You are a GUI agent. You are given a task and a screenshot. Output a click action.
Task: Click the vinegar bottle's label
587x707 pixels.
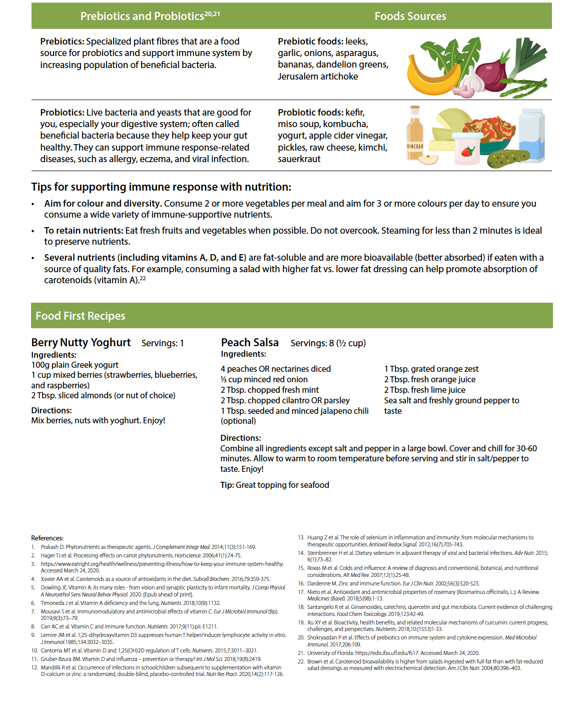415,147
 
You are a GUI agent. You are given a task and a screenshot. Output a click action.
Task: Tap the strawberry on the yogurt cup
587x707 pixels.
467,152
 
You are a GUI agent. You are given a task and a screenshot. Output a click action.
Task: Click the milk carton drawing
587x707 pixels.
531,136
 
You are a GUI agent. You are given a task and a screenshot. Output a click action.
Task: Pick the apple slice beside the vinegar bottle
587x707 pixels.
428,160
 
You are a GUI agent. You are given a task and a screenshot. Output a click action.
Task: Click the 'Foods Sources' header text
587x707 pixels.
410,17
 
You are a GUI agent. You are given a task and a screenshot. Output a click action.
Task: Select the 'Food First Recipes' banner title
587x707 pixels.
81,316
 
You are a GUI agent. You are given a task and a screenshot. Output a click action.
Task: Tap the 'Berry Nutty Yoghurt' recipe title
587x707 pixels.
81,343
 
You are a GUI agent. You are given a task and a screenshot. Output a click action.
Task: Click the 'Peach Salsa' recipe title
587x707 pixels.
250,343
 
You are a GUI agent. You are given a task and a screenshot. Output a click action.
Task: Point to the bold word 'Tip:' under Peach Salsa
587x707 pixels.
227,485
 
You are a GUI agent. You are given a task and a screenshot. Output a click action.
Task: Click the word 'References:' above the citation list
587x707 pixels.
47,538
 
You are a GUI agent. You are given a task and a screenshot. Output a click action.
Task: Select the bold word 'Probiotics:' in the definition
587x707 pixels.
62,113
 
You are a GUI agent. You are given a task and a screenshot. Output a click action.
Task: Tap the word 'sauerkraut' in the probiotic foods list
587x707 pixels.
299,159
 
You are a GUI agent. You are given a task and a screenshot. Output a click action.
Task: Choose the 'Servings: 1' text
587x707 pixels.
163,343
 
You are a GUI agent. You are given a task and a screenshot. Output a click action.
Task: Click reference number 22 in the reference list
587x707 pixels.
301,661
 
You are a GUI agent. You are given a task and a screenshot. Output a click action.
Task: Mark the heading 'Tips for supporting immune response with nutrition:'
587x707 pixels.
161,187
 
